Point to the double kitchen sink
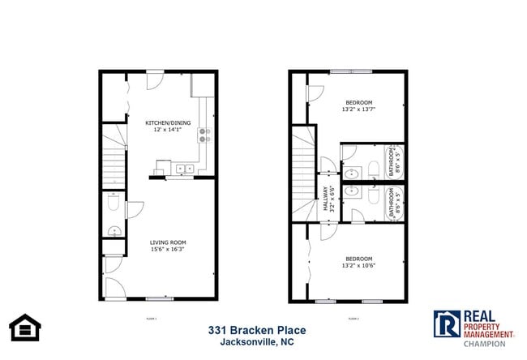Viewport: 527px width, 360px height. (183, 169)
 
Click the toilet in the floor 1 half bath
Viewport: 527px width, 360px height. (113, 208)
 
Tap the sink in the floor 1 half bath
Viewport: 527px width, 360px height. (114, 231)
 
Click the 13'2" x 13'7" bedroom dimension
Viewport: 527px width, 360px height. (358, 109)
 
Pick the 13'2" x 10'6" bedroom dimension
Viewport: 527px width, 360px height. (358, 264)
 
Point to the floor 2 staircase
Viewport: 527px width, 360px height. (304, 174)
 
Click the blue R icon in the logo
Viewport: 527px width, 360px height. (445, 325)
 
